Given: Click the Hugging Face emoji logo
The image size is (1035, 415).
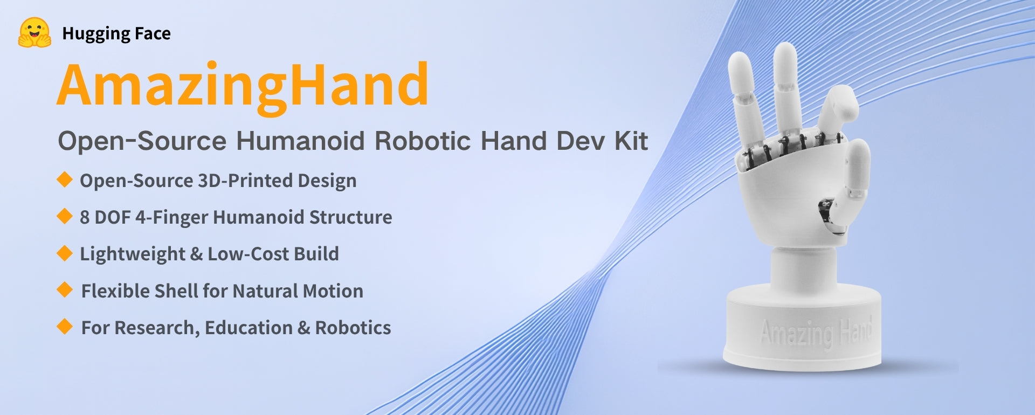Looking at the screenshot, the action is click(34, 33).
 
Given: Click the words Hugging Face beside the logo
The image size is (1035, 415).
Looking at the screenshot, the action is click(116, 33).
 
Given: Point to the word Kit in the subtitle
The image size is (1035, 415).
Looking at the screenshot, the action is click(631, 141).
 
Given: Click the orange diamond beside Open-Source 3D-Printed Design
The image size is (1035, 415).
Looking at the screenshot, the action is click(65, 179).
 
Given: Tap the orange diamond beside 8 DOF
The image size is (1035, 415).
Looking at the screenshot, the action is click(65, 216).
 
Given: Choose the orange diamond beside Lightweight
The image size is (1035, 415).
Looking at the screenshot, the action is click(65, 253).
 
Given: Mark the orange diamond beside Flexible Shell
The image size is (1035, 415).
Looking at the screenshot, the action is click(65, 289).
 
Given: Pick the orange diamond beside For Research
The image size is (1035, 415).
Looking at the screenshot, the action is click(65, 326).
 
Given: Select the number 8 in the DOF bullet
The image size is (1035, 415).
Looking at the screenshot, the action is click(85, 217).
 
